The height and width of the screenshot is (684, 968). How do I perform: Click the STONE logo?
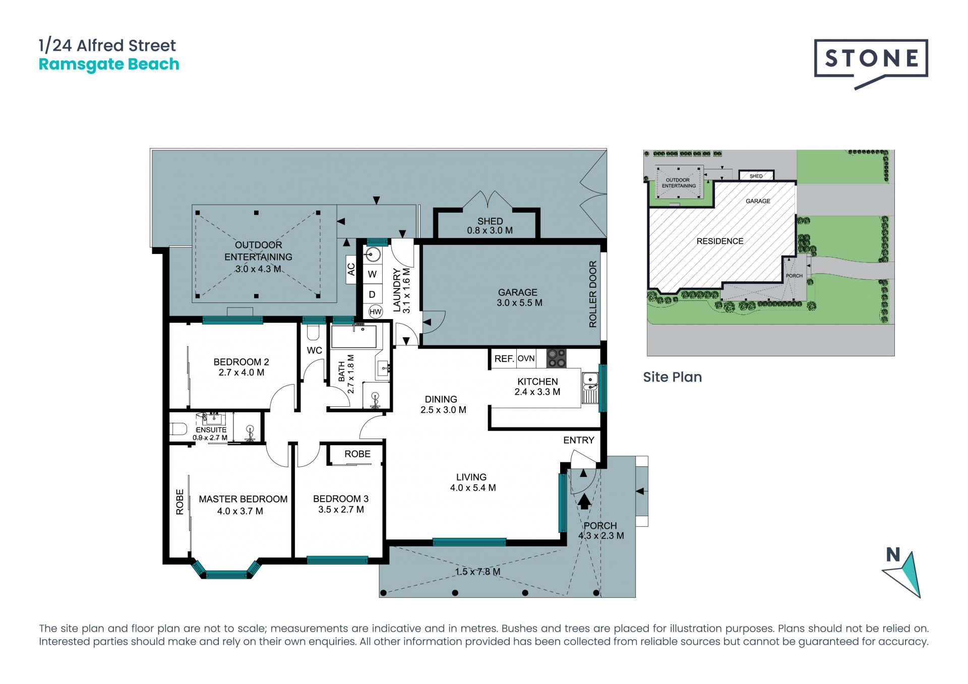[x=871, y=63]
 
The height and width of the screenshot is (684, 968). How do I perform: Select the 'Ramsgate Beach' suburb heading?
[x=109, y=65]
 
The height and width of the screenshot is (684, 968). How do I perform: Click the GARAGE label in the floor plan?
[x=518, y=292]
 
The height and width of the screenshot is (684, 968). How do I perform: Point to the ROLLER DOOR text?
[x=593, y=294]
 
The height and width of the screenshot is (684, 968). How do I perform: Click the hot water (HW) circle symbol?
[x=376, y=312]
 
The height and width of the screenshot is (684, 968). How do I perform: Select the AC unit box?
[x=351, y=270]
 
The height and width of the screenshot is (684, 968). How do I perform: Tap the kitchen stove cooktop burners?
[x=557, y=358]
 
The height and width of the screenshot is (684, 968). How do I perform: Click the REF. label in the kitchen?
[x=504, y=359]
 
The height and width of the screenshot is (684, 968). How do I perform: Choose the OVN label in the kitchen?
[x=526, y=358]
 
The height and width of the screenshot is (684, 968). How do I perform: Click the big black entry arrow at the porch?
[x=584, y=502]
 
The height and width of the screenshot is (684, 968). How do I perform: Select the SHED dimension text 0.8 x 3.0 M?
[x=490, y=231]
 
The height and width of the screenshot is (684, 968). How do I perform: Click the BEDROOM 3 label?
[x=341, y=499]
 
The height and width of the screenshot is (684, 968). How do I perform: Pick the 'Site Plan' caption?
[x=673, y=377]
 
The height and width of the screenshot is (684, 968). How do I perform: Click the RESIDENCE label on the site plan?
[x=720, y=241]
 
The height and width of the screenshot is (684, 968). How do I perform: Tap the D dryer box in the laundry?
[x=372, y=294]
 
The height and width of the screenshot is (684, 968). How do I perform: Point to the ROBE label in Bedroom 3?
[x=357, y=454]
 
